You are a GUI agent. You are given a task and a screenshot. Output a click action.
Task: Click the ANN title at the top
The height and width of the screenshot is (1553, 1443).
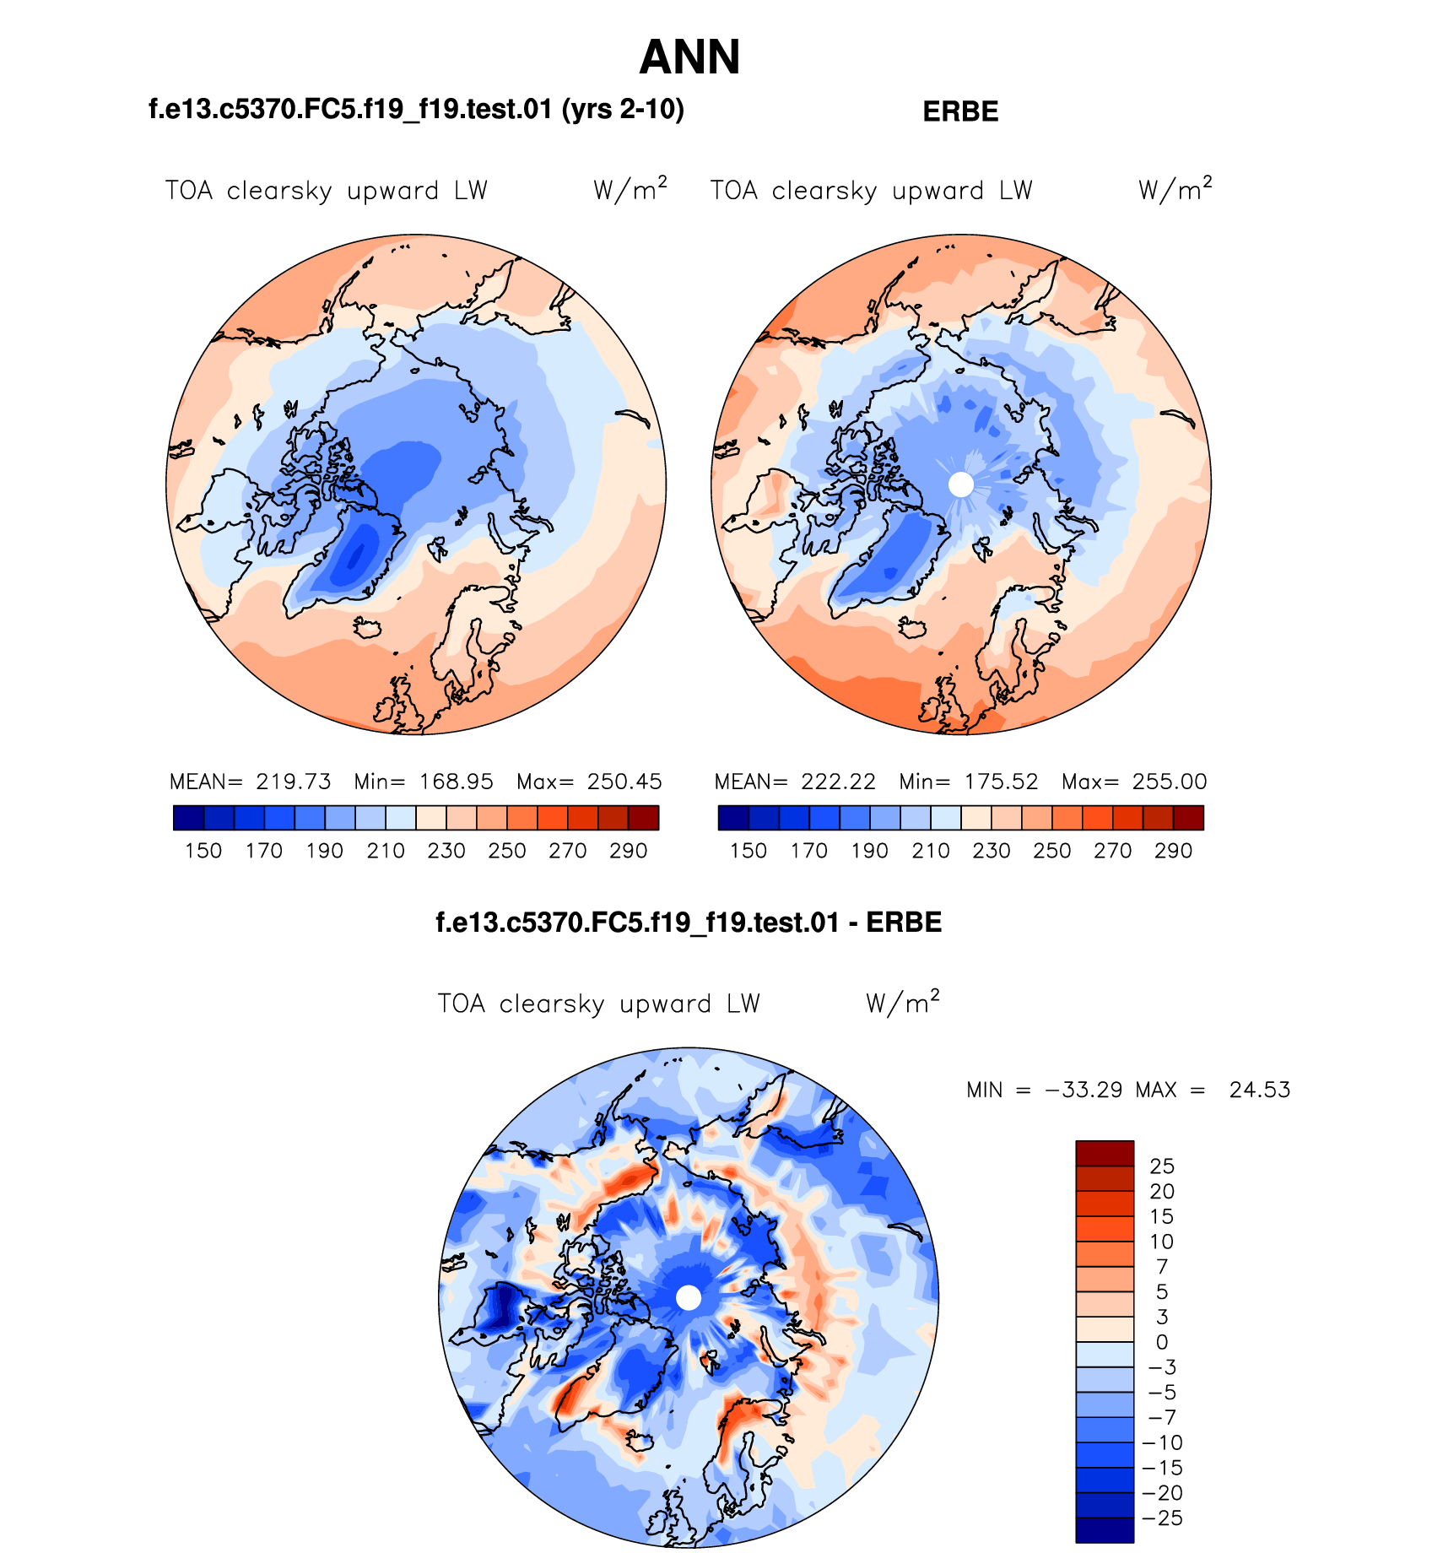689,57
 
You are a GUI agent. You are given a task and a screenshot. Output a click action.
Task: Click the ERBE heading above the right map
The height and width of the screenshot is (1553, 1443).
960,111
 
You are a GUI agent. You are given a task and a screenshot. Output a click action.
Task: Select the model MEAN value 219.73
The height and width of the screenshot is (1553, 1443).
294,782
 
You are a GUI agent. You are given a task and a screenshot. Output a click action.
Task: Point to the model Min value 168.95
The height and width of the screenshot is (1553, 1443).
456,782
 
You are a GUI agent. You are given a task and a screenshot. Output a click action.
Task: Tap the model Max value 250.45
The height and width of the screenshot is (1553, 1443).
624,782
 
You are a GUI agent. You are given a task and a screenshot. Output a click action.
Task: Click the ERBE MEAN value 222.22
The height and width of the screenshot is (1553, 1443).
839,782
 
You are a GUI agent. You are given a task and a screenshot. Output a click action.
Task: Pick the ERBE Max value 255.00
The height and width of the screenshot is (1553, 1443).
1170,782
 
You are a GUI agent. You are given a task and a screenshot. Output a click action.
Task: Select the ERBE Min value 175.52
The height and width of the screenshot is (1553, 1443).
1001,782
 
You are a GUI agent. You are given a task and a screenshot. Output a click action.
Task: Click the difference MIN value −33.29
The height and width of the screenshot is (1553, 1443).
1084,1090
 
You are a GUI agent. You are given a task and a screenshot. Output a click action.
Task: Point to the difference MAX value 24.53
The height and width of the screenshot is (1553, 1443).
1260,1090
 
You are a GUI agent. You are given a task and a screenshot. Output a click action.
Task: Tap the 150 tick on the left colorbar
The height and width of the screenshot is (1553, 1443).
203,851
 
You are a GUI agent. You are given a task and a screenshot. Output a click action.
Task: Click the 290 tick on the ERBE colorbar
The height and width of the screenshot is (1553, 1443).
1173,851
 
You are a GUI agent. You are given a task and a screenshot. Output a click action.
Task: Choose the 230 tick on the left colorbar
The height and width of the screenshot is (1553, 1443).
446,851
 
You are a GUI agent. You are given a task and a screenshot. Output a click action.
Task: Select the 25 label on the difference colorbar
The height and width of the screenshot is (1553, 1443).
1162,1166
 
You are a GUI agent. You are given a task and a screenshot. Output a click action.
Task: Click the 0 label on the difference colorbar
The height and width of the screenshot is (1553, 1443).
1162,1342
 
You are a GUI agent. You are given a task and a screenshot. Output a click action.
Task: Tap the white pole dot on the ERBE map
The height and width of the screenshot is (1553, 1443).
960,484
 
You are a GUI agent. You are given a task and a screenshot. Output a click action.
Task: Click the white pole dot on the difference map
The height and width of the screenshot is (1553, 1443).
689,1298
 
